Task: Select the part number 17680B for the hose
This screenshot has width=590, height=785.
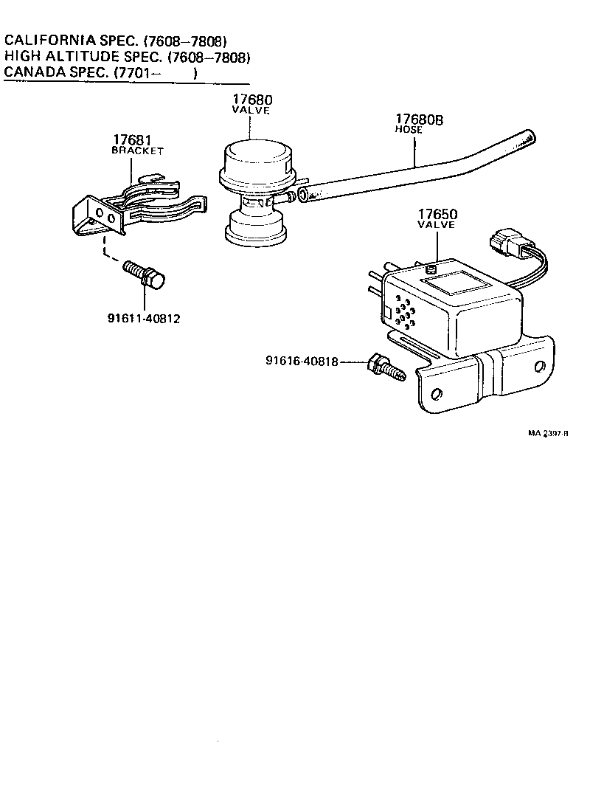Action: point(419,120)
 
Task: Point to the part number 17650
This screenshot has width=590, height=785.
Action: point(437,215)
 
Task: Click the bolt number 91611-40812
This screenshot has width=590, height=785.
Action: point(143,319)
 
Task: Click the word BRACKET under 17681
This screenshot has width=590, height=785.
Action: point(137,151)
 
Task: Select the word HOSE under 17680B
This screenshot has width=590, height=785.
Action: point(409,130)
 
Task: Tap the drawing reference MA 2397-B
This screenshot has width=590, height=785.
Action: point(547,434)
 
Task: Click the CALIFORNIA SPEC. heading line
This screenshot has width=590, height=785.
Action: point(115,41)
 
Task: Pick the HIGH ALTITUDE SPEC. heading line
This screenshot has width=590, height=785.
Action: point(128,57)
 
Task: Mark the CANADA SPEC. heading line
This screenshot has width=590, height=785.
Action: point(101,73)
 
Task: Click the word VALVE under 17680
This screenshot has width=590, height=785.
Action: point(251,111)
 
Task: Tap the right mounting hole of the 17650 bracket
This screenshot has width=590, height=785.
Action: point(541,367)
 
